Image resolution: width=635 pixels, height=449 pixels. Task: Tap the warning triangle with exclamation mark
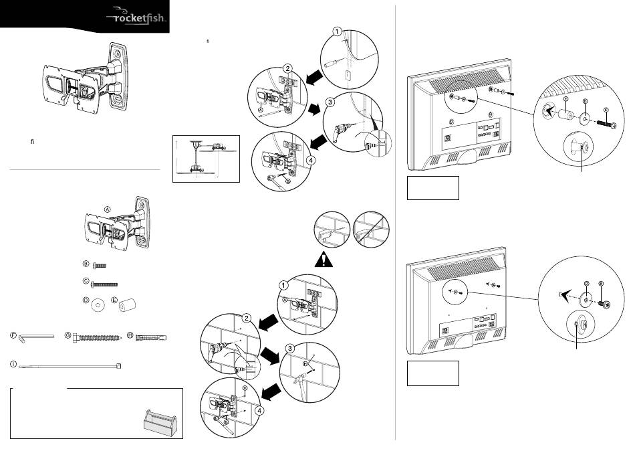[x=324, y=260]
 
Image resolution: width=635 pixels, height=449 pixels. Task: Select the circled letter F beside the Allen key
[x=13, y=335]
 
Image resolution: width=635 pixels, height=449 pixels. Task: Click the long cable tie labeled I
[x=70, y=366]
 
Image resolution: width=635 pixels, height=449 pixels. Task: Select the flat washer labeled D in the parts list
[x=98, y=304]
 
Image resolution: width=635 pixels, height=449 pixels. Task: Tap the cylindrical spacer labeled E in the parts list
[x=127, y=304]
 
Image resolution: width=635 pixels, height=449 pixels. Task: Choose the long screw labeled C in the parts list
[x=104, y=284]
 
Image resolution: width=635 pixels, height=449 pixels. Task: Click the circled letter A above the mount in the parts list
[x=108, y=209]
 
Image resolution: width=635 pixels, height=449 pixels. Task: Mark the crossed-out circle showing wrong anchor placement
[x=371, y=230]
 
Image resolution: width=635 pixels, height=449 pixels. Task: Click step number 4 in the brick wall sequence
[x=259, y=411]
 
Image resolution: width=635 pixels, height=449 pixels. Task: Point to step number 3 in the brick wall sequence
[x=289, y=349]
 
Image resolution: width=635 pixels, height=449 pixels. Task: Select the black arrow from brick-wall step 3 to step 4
[x=271, y=392]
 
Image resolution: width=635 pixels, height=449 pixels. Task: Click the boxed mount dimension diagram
[x=206, y=159]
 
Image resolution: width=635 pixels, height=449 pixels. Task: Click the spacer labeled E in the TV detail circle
[x=566, y=114]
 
